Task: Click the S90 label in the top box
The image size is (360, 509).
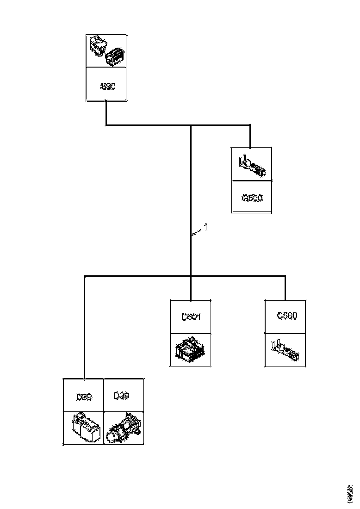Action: (x=107, y=86)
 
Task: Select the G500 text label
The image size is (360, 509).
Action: (x=252, y=198)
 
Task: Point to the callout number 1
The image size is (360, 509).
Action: (x=206, y=227)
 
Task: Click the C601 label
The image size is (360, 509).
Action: (x=191, y=317)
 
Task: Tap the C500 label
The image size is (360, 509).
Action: (x=286, y=316)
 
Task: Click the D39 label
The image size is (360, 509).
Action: (x=83, y=397)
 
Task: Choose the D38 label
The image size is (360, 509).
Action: (x=121, y=396)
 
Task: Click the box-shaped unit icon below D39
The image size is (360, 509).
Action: (x=84, y=428)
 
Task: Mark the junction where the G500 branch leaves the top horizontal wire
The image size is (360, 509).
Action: (x=250, y=125)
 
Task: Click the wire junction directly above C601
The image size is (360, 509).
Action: (x=191, y=276)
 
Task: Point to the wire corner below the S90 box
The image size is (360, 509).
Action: (x=106, y=125)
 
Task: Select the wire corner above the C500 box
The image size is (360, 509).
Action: (x=285, y=276)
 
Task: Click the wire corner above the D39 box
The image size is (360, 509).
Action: (x=84, y=276)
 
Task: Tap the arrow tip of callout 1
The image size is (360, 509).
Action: (x=192, y=236)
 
